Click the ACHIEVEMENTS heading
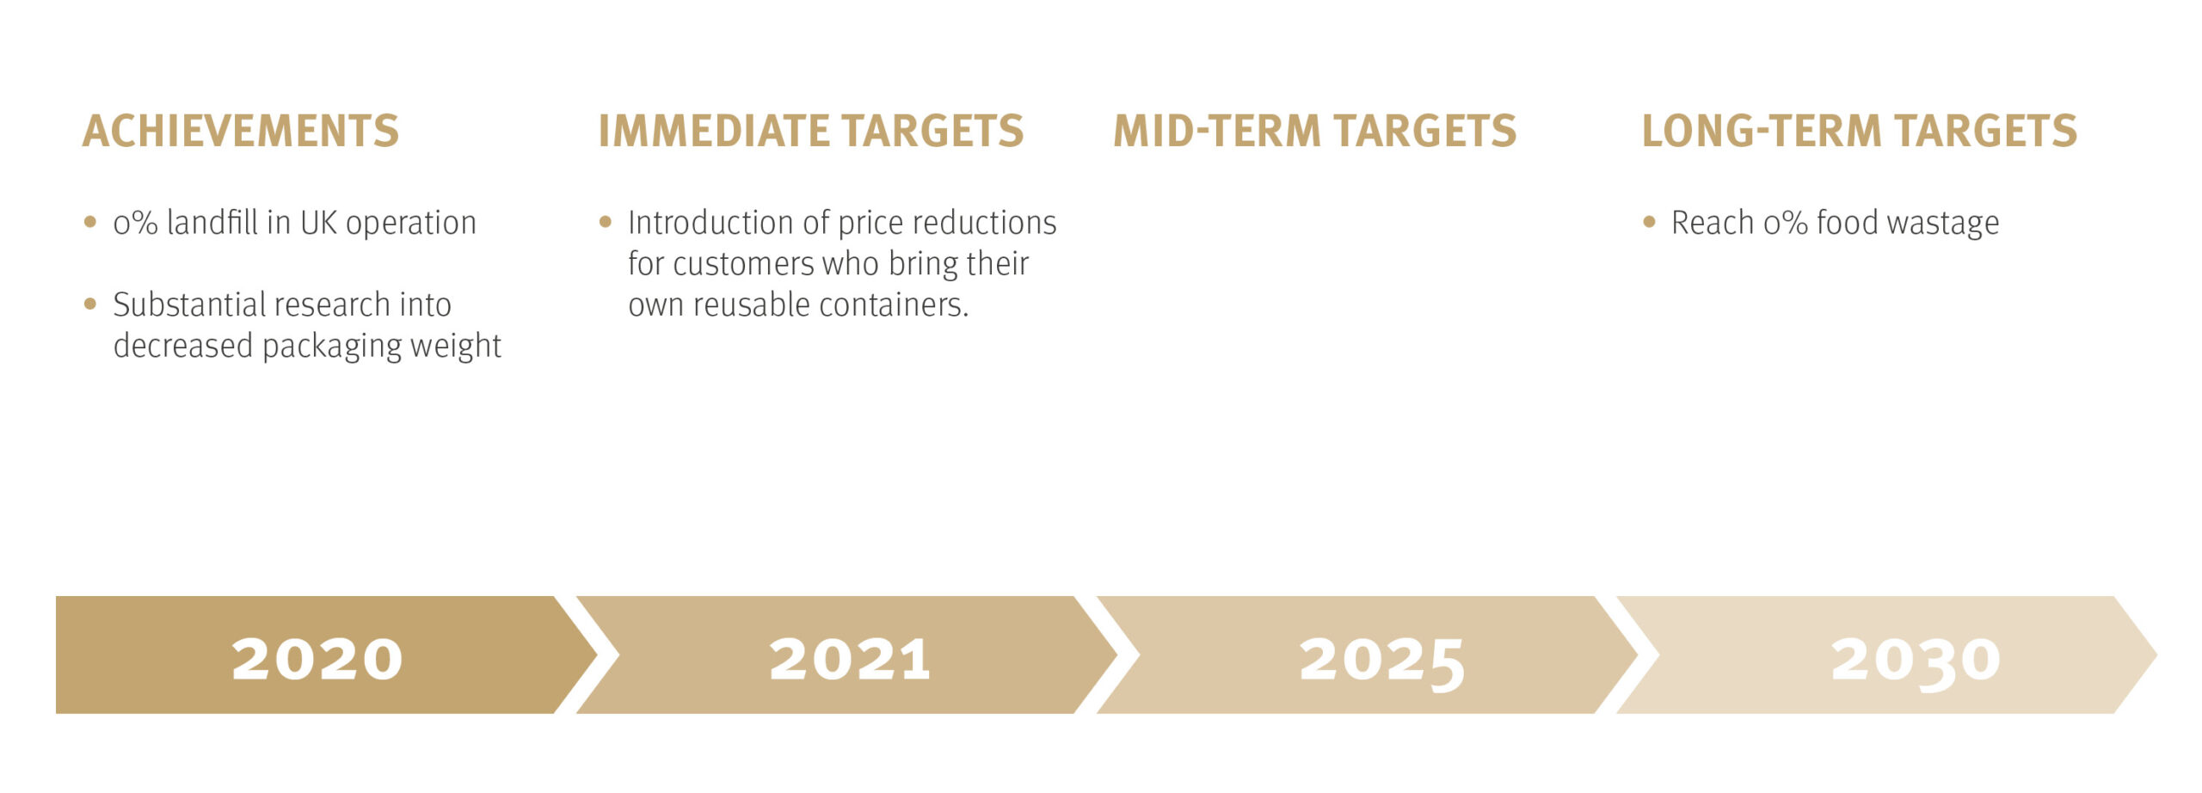241,132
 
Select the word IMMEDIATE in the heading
713,132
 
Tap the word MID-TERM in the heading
1216,132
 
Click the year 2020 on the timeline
317,660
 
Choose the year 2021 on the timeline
850,660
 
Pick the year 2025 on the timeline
1382,663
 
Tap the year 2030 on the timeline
1916,663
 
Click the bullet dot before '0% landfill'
90,222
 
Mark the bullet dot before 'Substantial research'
90,304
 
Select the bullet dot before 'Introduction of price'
606,222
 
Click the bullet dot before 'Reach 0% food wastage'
1649,222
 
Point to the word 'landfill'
212,223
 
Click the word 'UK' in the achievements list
318,224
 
